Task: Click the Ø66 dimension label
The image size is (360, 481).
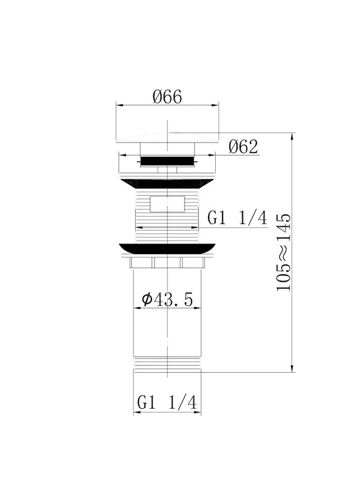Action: pos(167,97)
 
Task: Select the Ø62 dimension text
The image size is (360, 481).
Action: pos(243,147)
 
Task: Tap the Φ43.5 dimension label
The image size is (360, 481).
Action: pos(168,299)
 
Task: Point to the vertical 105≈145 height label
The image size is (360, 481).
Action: pos(283,252)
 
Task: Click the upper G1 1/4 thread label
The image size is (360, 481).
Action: pos(237,218)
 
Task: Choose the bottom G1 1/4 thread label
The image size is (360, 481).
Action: pos(167,402)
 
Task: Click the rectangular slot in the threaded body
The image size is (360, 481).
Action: pos(167,204)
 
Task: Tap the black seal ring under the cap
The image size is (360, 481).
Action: pos(167,161)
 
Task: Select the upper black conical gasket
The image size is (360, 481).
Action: pos(167,183)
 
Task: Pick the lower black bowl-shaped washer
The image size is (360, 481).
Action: pos(167,248)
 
